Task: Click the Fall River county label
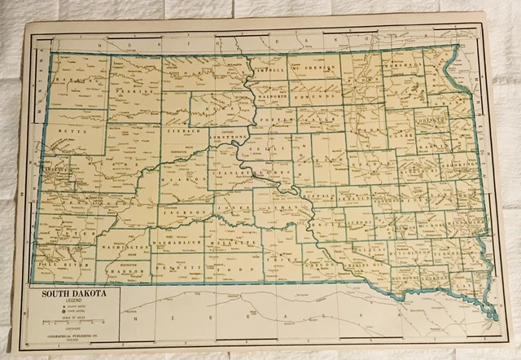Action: [x=62, y=265]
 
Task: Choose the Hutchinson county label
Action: [x=399, y=254]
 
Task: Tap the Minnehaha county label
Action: [x=466, y=220]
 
